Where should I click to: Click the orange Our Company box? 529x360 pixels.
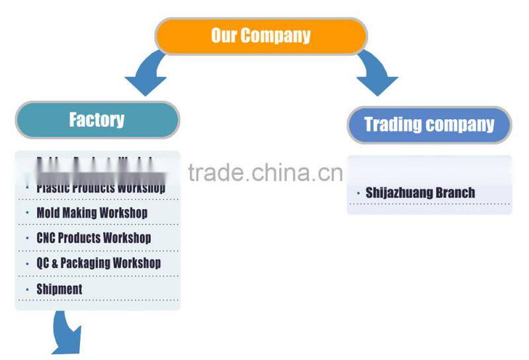click(x=261, y=35)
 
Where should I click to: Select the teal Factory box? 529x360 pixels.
click(x=97, y=120)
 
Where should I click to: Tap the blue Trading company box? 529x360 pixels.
click(x=429, y=124)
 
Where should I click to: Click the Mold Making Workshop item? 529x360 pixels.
click(x=91, y=212)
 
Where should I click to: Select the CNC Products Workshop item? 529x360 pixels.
click(x=93, y=238)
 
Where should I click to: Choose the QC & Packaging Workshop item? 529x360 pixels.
click(x=98, y=263)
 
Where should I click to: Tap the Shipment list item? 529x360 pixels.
click(x=59, y=289)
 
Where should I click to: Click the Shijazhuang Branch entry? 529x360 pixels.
click(x=420, y=193)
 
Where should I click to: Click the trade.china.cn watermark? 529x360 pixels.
click(x=265, y=173)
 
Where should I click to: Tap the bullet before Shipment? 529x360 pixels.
click(x=27, y=289)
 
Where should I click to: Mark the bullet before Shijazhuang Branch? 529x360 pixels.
click(x=358, y=193)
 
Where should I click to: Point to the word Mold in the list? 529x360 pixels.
click(x=47, y=212)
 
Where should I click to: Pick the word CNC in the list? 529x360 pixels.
click(x=46, y=238)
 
